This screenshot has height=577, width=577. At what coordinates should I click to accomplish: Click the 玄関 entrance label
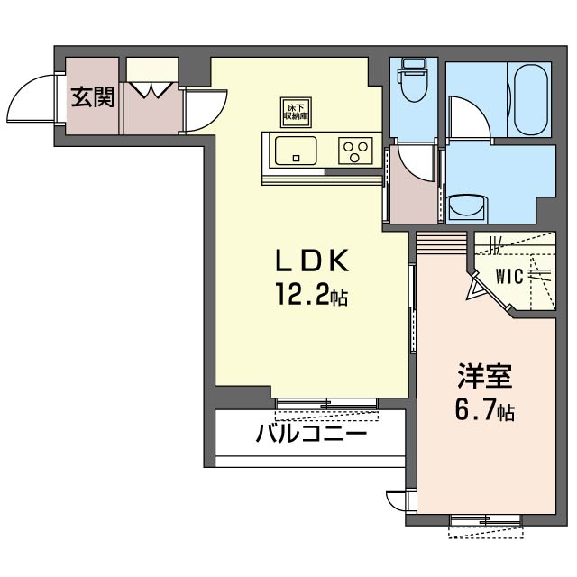pos(93,96)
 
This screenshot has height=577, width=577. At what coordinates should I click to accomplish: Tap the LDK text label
pos(311,261)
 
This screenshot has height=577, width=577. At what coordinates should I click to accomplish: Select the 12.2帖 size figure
pos(311,295)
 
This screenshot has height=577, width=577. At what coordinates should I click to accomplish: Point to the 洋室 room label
pos(485,376)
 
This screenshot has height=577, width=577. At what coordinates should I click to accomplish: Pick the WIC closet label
pos(509,276)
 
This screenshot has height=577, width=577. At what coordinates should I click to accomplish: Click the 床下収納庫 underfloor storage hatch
pos(296,112)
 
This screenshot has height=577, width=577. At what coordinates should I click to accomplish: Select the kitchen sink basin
pos(296,151)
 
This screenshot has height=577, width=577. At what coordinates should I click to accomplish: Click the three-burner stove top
pos(355,151)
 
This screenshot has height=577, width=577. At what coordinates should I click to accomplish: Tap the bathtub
pos(530,100)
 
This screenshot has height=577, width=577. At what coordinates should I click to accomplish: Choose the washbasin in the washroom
pos(468,207)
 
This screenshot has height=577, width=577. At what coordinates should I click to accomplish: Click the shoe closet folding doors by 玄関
pos(151,89)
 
